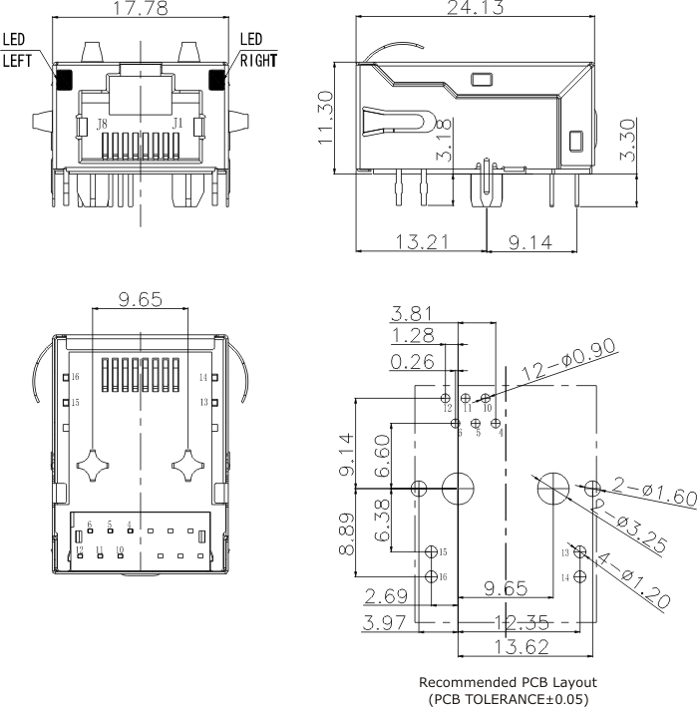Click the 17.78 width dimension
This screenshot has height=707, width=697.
tap(141, 10)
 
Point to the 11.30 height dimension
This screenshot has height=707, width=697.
tap(326, 118)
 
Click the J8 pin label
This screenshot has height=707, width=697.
tap(102, 125)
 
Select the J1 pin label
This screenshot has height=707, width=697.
tap(177, 124)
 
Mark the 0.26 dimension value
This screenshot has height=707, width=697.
tap(412, 362)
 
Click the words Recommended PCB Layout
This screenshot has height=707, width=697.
tap(508, 682)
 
